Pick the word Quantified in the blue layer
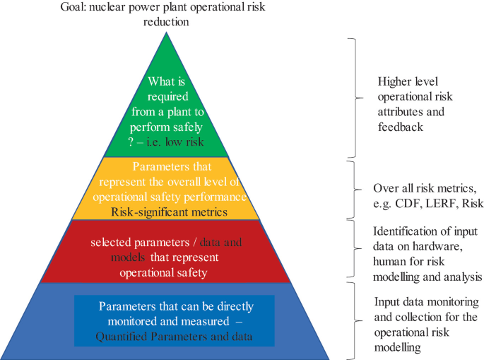[x=122, y=337]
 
